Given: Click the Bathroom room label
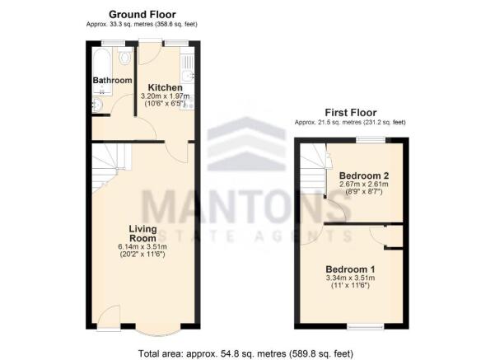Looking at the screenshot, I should point(112,80).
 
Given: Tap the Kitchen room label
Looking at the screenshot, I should point(165,87).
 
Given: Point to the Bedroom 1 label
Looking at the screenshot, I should point(350,269).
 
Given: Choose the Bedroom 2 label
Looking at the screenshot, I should point(362,175).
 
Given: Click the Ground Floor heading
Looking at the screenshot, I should point(141,14).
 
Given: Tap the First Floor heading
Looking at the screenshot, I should point(350,112).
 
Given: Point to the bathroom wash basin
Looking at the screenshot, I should point(97,105).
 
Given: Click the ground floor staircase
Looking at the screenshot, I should point(108,165).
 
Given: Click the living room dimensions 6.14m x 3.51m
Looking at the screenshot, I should point(142,246).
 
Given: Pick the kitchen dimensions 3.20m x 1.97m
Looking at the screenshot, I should point(165,97).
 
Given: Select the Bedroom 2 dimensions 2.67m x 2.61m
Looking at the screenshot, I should point(362,185).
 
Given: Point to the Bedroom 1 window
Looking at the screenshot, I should point(358,327).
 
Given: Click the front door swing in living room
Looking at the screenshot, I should point(109,317).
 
